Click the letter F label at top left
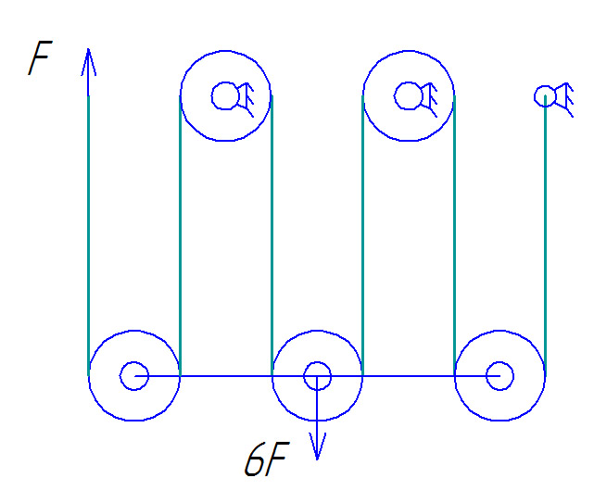tap(39, 59)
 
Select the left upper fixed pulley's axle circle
tap(223, 95)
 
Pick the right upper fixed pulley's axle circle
tap(407, 95)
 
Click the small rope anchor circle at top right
tap(545, 95)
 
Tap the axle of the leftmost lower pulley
tap(133, 376)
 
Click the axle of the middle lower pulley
tap(317, 376)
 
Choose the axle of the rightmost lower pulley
tap(499, 376)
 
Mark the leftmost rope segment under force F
tap(88, 232)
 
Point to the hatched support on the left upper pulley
tap(245, 96)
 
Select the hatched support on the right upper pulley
tap(428, 96)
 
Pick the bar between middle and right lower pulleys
tap(408, 376)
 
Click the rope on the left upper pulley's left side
tap(180, 232)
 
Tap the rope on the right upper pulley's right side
tap(454, 232)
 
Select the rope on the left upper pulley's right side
tap(272, 232)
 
